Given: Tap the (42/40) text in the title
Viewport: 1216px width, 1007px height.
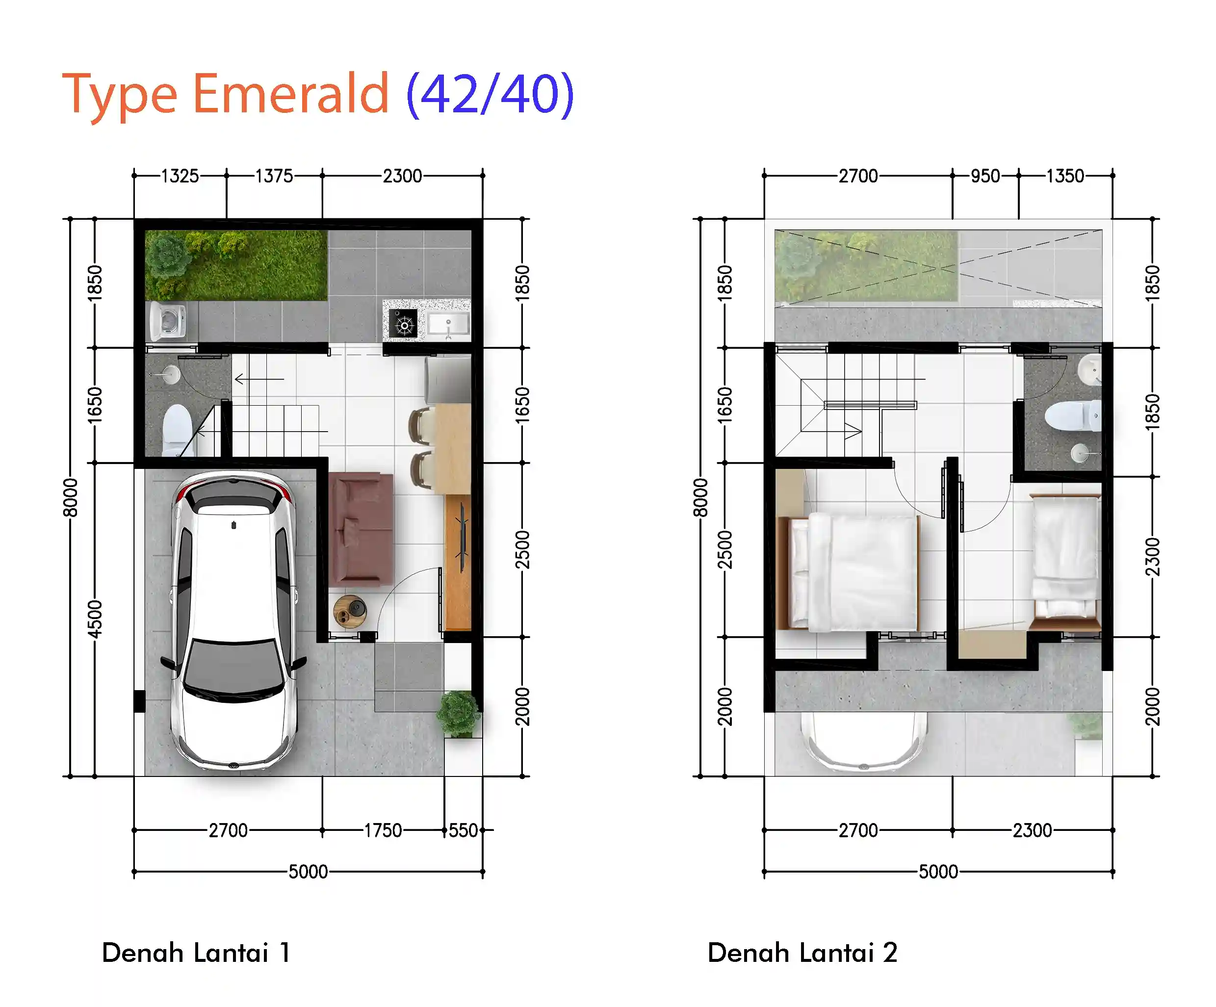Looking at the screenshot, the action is pos(490,94).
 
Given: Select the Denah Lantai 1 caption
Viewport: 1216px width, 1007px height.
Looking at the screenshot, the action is pos(196,953).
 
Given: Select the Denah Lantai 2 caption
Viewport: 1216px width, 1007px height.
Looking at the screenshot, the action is pos(802,953).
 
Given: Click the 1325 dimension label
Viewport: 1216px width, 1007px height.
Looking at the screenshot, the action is pos(180,176).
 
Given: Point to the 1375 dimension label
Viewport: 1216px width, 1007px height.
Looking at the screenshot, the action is pos(274,176).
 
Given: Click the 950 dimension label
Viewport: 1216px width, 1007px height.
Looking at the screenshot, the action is pos(985,176).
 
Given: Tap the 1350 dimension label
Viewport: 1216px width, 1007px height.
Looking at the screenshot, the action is pos(1065,176).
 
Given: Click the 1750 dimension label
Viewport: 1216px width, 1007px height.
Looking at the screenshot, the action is pos(383,830).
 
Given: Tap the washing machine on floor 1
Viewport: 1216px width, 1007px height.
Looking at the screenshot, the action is pos(168,320).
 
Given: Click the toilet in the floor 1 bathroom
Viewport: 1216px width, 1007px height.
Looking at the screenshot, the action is pos(177,429).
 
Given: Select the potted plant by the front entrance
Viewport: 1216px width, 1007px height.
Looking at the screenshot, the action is pos(459,713).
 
